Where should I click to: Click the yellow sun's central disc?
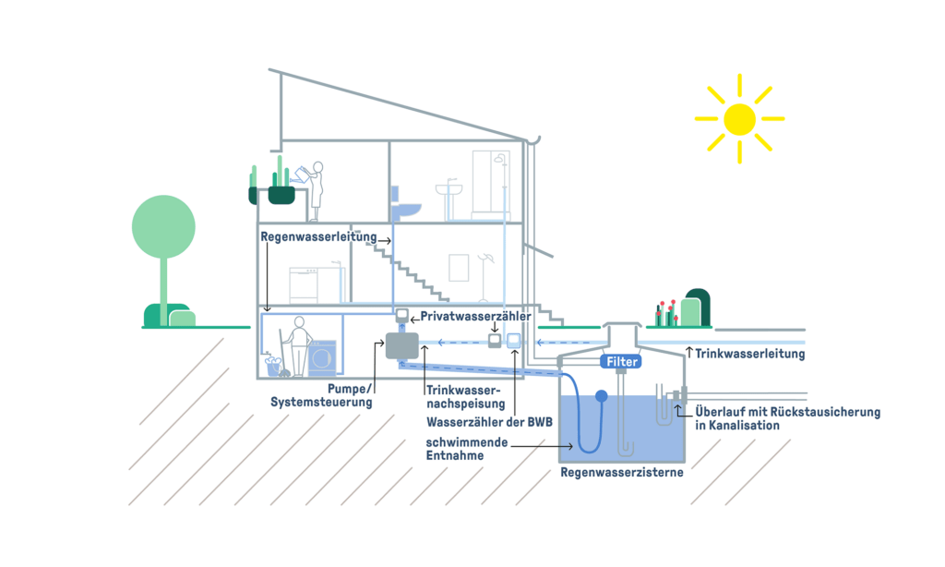(x=739, y=119)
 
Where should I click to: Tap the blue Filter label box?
(x=623, y=362)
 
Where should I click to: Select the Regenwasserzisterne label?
(x=622, y=472)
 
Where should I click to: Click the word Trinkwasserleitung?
(x=749, y=354)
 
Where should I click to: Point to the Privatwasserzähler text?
(x=475, y=316)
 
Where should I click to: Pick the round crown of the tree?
(x=163, y=226)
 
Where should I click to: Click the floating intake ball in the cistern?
(x=601, y=397)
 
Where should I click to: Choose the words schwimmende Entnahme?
(x=468, y=449)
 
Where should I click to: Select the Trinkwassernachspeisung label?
(x=466, y=396)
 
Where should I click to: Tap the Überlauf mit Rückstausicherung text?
(x=786, y=418)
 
